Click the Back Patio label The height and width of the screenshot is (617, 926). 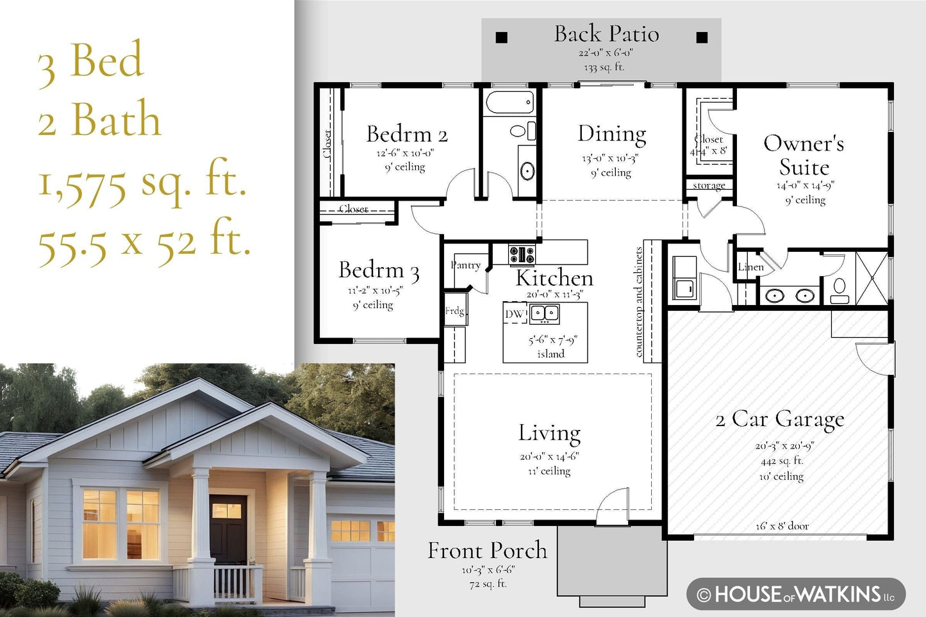(606, 34)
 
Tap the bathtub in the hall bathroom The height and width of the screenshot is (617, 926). (509, 102)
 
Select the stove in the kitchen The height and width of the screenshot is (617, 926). (522, 254)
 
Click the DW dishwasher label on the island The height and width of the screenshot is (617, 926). (514, 314)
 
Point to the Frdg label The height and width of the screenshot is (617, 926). (455, 310)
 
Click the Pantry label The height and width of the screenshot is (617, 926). (465, 265)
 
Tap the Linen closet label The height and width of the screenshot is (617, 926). (750, 267)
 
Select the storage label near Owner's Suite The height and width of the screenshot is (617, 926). (709, 186)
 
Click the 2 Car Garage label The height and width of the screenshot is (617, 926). (780, 420)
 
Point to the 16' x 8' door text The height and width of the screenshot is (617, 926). (782, 525)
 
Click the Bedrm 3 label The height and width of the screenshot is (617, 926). (379, 270)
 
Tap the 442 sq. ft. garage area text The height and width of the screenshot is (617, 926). (781, 461)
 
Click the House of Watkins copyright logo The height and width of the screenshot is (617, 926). (796, 594)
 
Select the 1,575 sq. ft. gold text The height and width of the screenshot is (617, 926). (142, 182)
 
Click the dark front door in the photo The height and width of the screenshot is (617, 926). (227, 528)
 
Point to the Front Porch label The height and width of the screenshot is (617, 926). (487, 550)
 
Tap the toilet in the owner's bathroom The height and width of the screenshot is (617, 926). (839, 291)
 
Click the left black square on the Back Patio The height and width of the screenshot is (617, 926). (501, 38)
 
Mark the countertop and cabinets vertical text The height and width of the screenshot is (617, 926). (639, 302)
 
